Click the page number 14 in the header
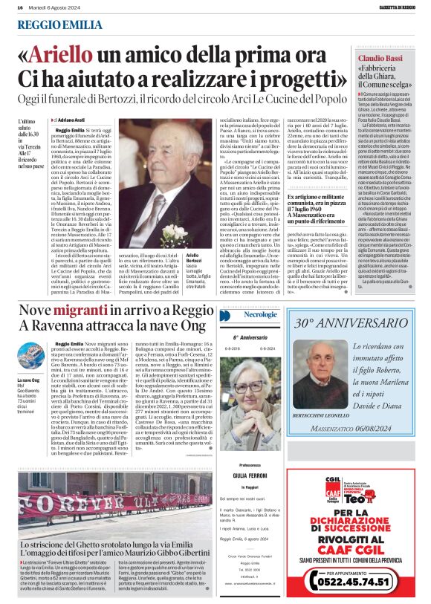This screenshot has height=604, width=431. [x=19, y=7]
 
